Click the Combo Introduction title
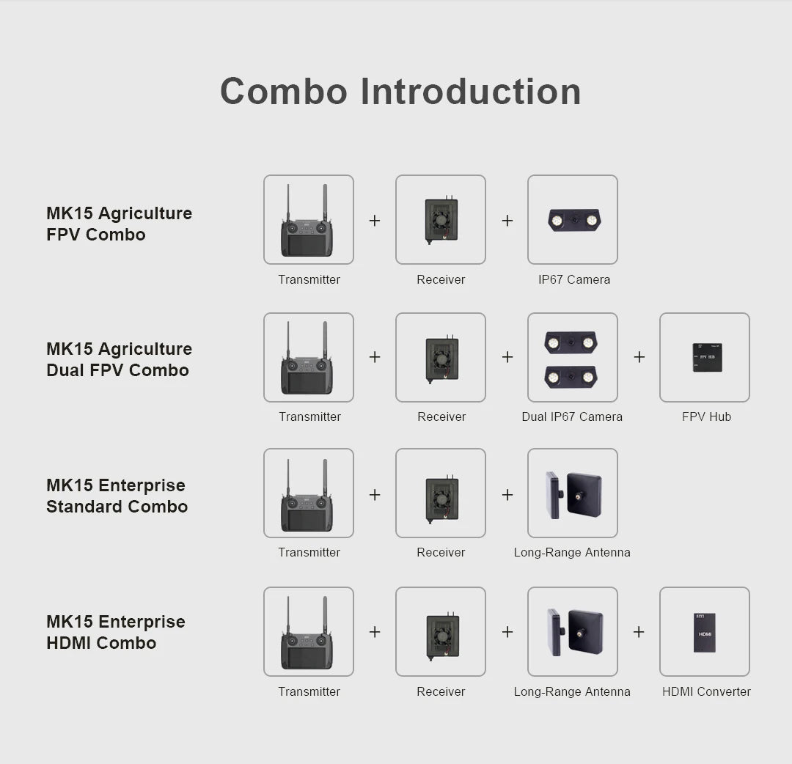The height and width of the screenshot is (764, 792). click(400, 92)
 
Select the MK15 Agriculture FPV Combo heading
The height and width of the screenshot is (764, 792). click(119, 224)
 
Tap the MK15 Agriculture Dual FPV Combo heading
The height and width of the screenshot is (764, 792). click(119, 359)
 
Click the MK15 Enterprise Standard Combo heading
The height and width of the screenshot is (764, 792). click(117, 496)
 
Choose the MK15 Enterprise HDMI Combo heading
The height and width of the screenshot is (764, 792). click(115, 632)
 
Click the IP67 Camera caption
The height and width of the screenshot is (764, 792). click(573, 279)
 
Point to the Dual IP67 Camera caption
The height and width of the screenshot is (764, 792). click(572, 416)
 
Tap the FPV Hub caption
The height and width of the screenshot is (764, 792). click(706, 416)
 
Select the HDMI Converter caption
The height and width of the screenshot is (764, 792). click(706, 691)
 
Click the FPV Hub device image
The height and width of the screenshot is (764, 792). click(707, 357)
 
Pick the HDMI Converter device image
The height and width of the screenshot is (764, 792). click(705, 632)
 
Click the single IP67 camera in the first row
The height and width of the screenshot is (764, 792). click(573, 220)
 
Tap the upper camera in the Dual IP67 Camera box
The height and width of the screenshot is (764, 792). click(571, 342)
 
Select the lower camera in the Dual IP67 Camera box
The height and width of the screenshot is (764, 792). click(571, 377)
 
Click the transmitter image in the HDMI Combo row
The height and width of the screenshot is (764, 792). click(307, 632)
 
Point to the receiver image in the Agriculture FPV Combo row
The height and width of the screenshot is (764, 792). click(441, 220)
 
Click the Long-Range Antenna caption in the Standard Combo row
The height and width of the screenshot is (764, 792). click(572, 552)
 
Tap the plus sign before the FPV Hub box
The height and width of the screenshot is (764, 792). click(639, 357)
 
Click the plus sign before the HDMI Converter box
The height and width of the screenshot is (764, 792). click(639, 631)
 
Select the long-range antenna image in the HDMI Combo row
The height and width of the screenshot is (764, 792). click(574, 632)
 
